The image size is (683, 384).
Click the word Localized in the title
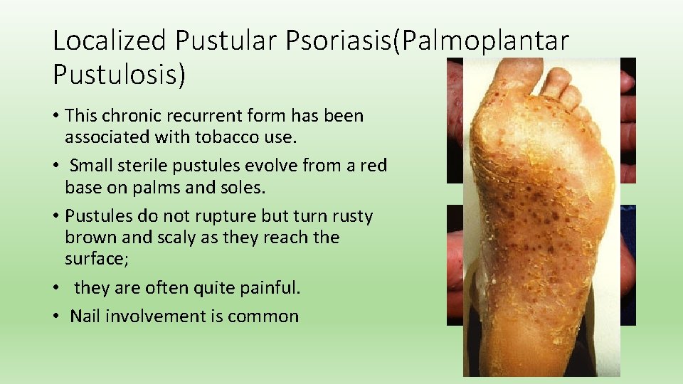tap(111, 41)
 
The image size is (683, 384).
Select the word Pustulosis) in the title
tap(120, 74)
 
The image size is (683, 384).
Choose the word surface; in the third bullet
tap(97, 259)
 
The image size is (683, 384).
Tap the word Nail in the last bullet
tap(85, 316)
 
